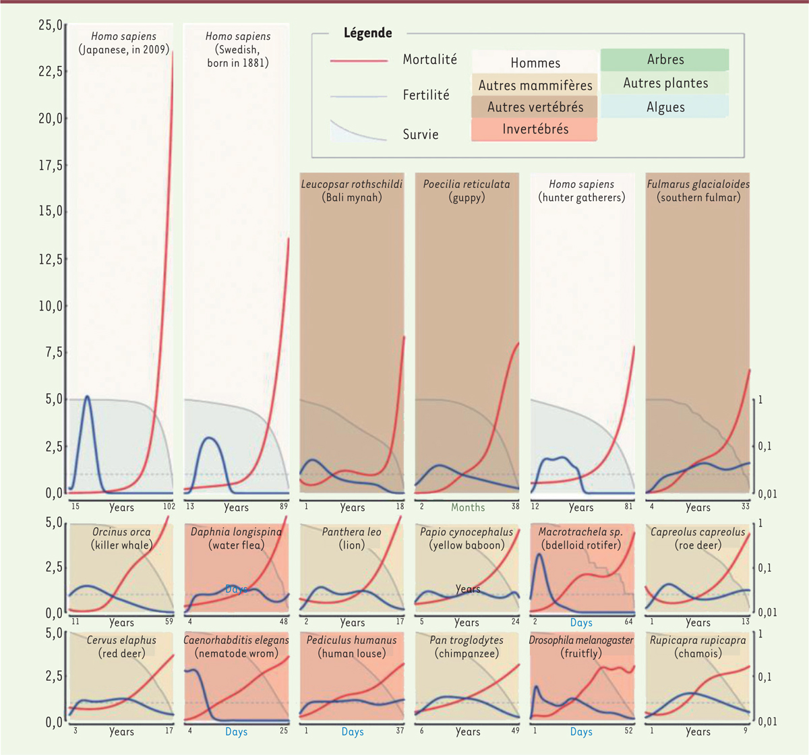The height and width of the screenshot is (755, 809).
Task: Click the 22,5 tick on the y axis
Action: coord(51,71)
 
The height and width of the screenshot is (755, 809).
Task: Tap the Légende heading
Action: coord(367,33)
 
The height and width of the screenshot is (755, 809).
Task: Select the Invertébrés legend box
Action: coord(535,129)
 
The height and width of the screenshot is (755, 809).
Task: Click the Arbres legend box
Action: coord(665,60)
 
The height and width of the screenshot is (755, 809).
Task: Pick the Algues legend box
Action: coord(665,107)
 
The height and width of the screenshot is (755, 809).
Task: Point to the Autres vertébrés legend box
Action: coord(535,107)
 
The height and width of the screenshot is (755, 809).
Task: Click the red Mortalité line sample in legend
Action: coord(359,61)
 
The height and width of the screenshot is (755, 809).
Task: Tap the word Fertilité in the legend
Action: coord(426,95)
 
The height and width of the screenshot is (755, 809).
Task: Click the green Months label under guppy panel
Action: coord(468,508)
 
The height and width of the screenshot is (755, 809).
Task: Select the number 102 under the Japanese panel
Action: coord(168,506)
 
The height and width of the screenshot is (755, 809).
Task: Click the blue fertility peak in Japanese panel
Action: coord(87,397)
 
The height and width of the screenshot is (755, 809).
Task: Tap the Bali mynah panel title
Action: coord(352,191)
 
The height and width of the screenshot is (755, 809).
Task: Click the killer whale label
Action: coord(122,545)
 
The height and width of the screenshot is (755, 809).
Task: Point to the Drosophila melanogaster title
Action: coord(581,640)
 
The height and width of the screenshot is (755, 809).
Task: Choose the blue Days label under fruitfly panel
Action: coord(581,732)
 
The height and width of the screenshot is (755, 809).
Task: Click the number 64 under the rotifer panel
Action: coord(628,622)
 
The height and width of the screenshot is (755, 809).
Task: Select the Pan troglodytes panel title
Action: coord(467,640)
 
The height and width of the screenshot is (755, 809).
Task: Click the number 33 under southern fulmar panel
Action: coord(746,506)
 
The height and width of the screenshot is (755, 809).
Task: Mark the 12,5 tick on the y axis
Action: coord(51,260)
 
